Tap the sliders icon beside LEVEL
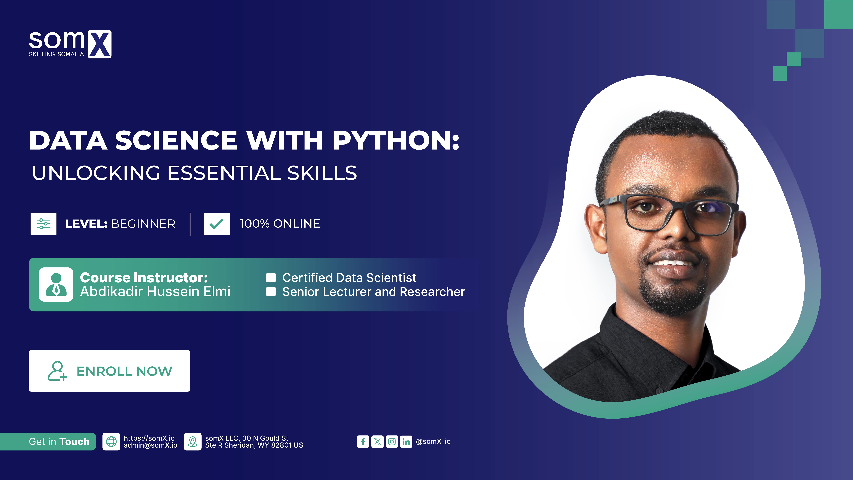tap(43, 224)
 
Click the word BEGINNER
tap(143, 224)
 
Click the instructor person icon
tap(56, 285)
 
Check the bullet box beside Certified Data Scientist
tap(271, 278)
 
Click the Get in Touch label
tap(59, 442)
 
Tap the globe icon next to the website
tap(111, 442)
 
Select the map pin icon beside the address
tap(192, 442)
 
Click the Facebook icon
tap(363, 442)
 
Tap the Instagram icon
tap(392, 442)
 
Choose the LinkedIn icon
tap(406, 442)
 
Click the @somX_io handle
tap(433, 442)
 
